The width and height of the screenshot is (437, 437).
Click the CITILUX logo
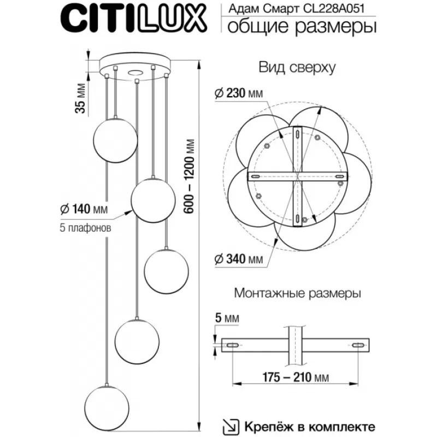(133, 19)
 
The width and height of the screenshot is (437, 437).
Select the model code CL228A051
(334, 8)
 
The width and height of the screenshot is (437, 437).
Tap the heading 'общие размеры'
(302, 27)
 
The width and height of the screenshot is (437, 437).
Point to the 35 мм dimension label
(80, 98)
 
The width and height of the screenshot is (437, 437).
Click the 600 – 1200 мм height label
(190, 176)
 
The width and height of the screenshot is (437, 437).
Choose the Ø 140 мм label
(84, 209)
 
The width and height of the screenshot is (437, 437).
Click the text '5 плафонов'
(85, 228)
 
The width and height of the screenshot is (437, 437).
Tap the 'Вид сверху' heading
(297, 67)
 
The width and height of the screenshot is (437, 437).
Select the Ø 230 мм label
(239, 93)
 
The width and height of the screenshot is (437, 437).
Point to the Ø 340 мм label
(239, 259)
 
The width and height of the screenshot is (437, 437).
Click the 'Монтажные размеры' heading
(297, 293)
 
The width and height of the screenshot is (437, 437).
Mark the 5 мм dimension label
(227, 318)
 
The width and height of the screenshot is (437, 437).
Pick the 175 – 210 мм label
(296, 377)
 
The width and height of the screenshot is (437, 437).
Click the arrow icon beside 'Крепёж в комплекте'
(231, 427)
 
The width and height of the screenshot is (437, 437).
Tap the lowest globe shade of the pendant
(107, 408)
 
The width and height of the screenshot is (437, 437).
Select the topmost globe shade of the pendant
(115, 140)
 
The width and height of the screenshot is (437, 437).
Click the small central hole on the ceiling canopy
(135, 73)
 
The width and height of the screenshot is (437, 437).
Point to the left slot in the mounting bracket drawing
(232, 345)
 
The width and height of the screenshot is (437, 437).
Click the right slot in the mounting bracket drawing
(358, 345)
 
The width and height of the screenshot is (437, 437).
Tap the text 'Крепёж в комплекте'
(310, 427)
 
